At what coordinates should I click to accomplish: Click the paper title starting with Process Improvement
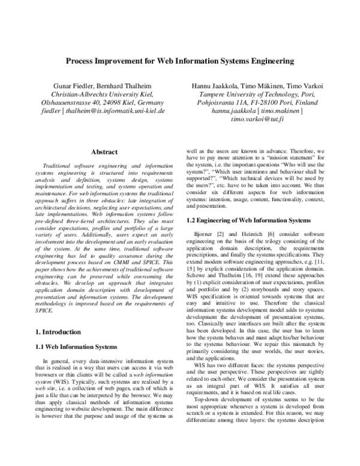coord(179,61)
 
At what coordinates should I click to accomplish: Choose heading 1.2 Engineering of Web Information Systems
coord(248,220)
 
